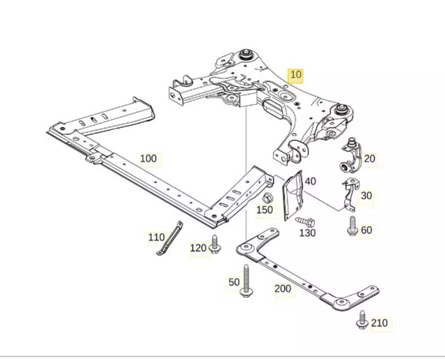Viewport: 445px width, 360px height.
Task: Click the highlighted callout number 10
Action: click(296, 75)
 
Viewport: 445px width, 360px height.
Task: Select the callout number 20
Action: click(369, 158)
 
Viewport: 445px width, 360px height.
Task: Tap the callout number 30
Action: click(366, 195)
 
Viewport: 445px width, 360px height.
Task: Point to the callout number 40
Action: click(310, 181)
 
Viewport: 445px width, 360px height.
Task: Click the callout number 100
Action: click(149, 158)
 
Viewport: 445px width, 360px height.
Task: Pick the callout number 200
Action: click(283, 289)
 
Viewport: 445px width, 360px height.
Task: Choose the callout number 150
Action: click(265, 209)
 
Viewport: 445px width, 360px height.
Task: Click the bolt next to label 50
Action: click(246, 280)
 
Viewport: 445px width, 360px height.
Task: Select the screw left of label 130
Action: click(305, 221)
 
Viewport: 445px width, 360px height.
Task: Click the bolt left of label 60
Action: click(352, 226)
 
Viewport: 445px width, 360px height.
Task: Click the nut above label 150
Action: click(268, 198)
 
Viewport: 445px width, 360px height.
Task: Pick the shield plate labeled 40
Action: click(292, 195)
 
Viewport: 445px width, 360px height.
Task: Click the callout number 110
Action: click(156, 238)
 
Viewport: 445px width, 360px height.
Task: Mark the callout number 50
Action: click(234, 282)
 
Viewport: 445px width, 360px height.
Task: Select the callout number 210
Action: click(379, 323)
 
